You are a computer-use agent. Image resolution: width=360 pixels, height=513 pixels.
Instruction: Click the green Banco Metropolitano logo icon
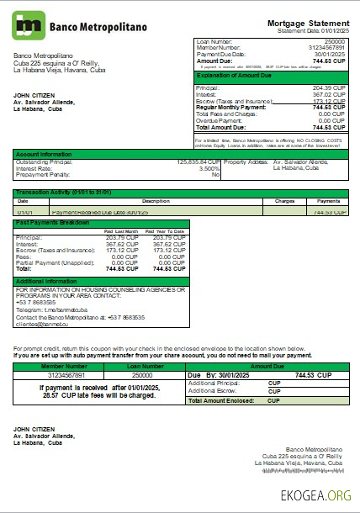click(x=28, y=26)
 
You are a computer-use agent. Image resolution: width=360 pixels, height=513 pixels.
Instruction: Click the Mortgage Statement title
click(x=309, y=22)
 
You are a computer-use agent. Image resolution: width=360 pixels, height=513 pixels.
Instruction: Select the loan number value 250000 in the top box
click(x=335, y=40)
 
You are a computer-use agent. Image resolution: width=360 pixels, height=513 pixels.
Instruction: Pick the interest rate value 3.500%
click(x=208, y=167)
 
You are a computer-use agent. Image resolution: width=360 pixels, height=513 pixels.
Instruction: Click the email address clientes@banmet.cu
click(x=43, y=324)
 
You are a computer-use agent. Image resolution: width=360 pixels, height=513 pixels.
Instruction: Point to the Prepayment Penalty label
click(x=42, y=174)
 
